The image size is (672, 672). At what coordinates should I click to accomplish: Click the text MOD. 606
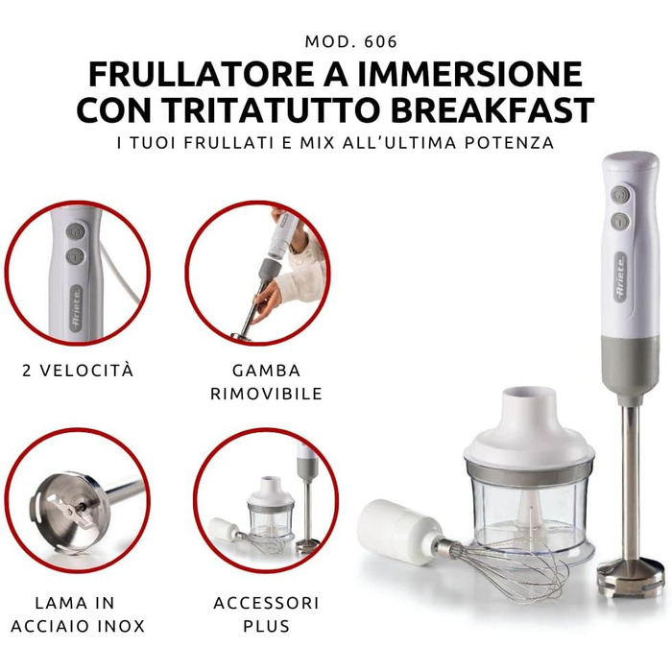click(x=351, y=41)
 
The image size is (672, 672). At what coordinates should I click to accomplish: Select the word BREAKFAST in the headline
click(x=492, y=110)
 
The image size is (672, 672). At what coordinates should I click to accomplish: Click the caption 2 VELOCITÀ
click(x=78, y=371)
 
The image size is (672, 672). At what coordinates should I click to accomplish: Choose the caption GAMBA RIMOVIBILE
click(x=266, y=382)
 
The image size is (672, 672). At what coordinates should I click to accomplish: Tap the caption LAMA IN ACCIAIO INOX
click(x=78, y=614)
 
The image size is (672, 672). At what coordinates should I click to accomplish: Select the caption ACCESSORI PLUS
click(x=266, y=614)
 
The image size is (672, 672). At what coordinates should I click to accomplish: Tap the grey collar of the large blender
click(x=632, y=369)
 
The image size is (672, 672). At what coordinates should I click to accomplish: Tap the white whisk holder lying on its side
click(x=398, y=530)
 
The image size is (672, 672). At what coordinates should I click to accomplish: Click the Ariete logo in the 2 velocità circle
click(x=76, y=308)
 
